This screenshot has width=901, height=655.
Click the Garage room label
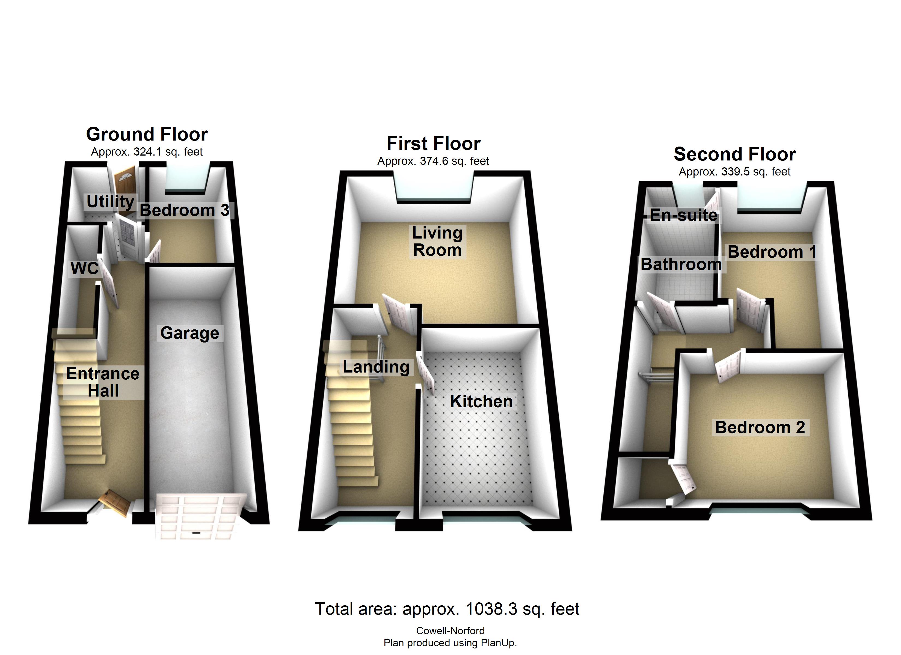(x=189, y=333)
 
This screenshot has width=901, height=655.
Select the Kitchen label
(x=481, y=401)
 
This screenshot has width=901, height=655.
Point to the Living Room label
(x=437, y=242)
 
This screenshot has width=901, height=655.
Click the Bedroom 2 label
(x=760, y=427)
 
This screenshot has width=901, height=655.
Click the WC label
(x=84, y=269)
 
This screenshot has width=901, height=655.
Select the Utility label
(x=110, y=201)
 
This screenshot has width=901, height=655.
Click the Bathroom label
(x=681, y=264)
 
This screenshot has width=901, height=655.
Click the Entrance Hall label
(x=103, y=382)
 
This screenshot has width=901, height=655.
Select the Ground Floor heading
(x=147, y=134)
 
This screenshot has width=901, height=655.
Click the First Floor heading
(x=433, y=143)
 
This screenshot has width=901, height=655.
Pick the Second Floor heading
(x=734, y=154)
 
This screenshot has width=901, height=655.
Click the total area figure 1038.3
(x=491, y=609)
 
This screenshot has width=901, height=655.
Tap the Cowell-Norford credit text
(x=450, y=631)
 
